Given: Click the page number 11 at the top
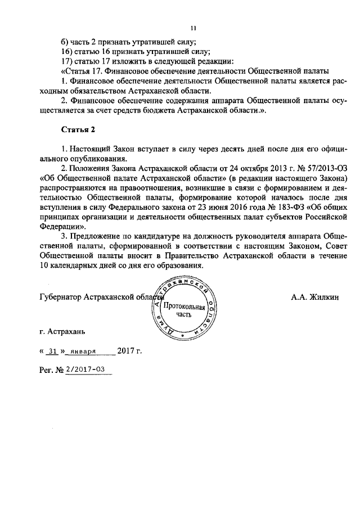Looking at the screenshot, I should [x=193, y=28].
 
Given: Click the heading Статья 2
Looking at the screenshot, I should [x=78, y=130].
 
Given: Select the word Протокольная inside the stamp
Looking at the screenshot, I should [x=184, y=307].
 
